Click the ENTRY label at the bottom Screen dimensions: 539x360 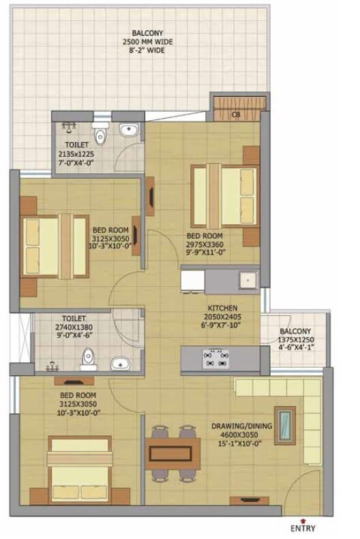coord(303,527)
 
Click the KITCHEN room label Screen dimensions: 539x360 coord(222,308)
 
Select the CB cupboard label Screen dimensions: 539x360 coord(235,115)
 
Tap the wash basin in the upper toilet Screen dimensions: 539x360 coord(128,129)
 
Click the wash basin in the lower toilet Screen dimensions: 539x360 coord(120,362)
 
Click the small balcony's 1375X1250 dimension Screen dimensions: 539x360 coord(295,340)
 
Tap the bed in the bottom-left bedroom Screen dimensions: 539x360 coord(79,470)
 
